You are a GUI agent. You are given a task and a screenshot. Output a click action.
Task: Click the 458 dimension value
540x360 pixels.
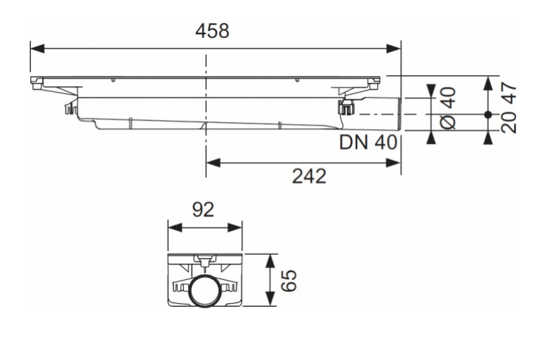pos(212,31)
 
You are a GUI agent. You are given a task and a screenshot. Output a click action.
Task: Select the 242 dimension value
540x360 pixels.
pos(309,176)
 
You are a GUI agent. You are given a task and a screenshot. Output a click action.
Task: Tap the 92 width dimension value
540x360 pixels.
pos(203,209)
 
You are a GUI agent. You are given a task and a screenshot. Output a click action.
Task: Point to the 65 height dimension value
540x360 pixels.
pos(289,280)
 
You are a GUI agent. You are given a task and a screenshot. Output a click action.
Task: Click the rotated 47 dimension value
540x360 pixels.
pos(508,93)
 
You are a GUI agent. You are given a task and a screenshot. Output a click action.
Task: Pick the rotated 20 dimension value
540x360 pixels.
pos(508,122)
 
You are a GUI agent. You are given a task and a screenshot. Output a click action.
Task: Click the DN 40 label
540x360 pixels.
pos(368,142)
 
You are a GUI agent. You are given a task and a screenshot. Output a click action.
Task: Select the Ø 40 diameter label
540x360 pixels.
pos(449,108)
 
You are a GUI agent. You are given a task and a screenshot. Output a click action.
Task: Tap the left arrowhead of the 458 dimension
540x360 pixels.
pos(37,48)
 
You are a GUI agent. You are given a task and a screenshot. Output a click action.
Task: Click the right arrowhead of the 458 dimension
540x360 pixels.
pos(394,48)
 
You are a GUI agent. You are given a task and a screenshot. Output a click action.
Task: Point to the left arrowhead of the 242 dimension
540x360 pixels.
pos(213,162)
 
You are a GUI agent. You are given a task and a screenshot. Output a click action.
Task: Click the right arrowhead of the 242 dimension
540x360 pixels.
pos(394,162)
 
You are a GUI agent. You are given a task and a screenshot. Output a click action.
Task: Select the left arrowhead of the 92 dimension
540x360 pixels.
pos(175,227)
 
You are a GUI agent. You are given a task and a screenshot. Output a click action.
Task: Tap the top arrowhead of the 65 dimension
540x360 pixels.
pos(270,261)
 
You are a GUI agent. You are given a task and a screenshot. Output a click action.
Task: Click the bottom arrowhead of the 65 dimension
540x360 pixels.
pos(270,298)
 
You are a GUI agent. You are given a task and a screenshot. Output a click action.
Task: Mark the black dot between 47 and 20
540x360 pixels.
pos(487,114)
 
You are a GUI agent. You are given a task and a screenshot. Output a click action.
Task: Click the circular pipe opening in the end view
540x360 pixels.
pos(204,289)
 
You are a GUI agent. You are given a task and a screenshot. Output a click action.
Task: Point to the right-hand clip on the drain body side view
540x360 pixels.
pos(347,107)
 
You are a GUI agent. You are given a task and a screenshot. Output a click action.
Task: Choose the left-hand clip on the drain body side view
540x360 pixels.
pos(71,107)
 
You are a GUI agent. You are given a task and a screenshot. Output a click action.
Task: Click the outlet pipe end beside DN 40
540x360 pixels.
pos(399,114)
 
